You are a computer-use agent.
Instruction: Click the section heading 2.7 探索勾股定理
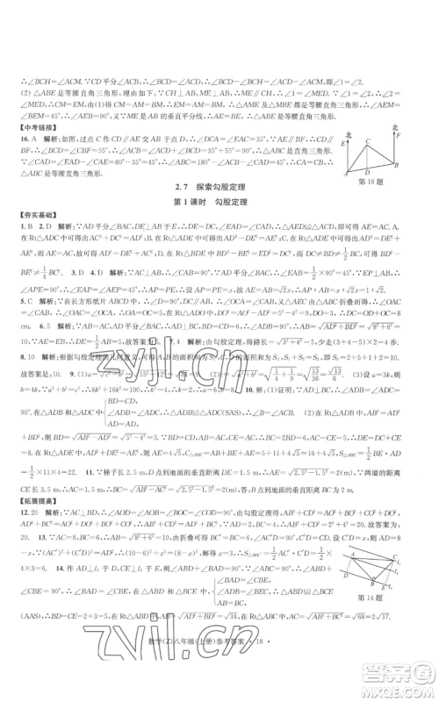[219, 215]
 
